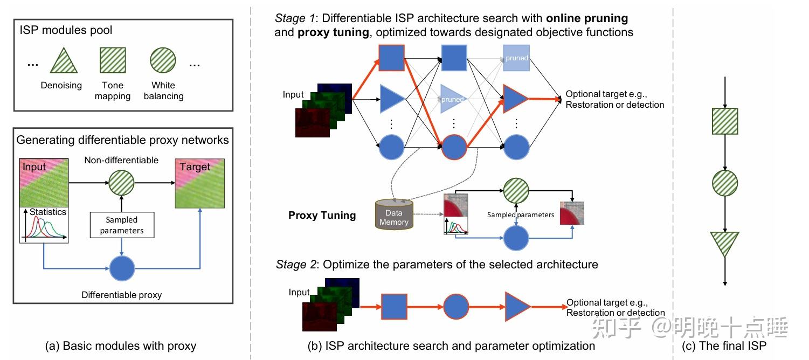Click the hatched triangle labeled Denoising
[x=64, y=62]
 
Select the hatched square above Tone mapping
[x=113, y=60]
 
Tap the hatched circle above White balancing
[x=163, y=60]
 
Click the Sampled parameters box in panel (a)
[x=122, y=225]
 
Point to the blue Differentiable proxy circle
[x=122, y=268]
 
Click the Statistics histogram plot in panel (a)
[x=44, y=225]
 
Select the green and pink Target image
[x=200, y=183]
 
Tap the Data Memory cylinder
[x=394, y=215]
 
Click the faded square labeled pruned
[x=516, y=58]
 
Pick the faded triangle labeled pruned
[x=452, y=99]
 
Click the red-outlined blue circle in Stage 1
[x=454, y=147]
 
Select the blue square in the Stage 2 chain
[x=395, y=307]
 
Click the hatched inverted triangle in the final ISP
[x=725, y=243]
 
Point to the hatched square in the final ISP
[x=725, y=121]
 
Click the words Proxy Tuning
[x=322, y=215]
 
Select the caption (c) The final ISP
[x=724, y=345]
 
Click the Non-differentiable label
[x=121, y=160]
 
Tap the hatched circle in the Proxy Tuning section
[x=516, y=191]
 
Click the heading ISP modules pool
[x=66, y=30]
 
